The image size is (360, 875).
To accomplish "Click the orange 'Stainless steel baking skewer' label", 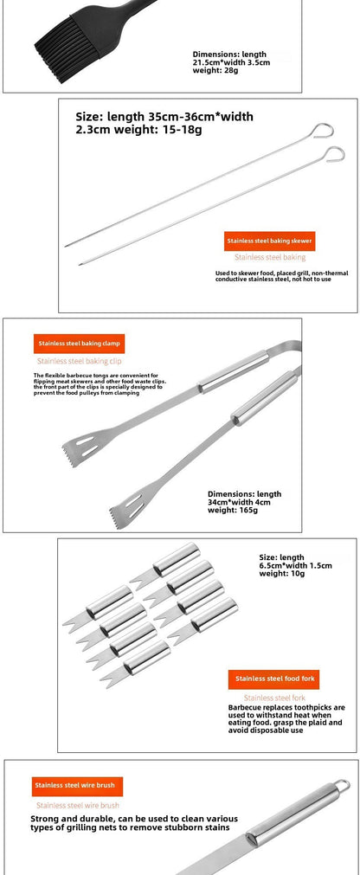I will point(270,241).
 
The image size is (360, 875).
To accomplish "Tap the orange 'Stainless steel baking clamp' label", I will point(79,343).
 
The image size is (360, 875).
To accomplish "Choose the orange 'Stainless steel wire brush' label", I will point(76,786).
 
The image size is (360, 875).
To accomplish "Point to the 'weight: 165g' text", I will point(233,511).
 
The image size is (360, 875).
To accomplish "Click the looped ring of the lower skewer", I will point(331,154).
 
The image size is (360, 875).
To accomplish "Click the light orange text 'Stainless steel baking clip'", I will point(79,360).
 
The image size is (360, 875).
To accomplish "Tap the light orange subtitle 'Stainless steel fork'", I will point(274,698).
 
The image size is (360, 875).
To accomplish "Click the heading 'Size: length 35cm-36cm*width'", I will point(164,116).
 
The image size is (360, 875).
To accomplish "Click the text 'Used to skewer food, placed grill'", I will point(281,277).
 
